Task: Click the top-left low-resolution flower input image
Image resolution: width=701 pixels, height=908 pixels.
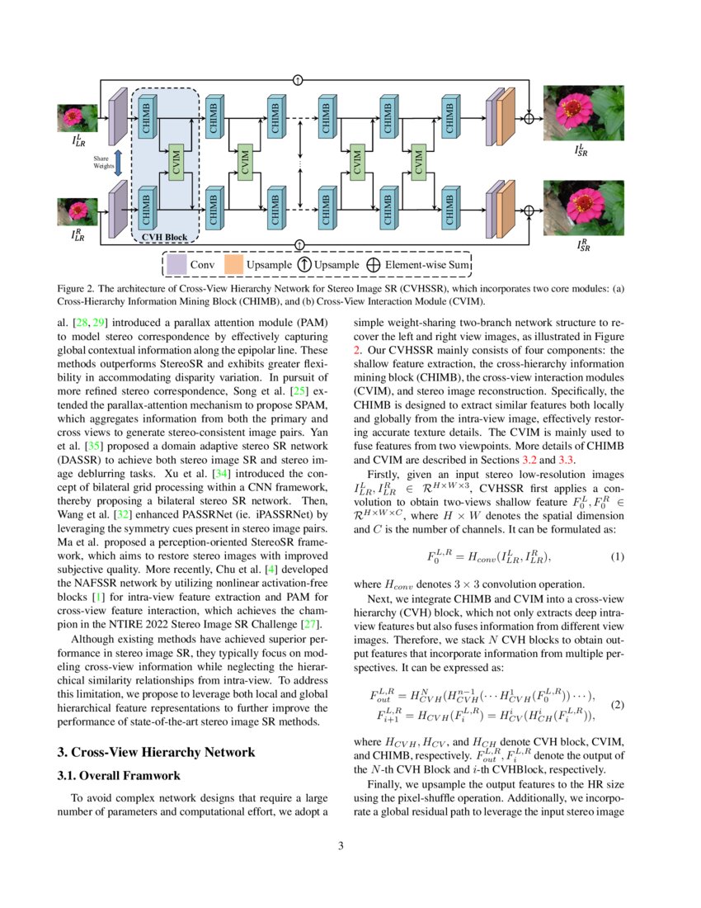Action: pos(76,117)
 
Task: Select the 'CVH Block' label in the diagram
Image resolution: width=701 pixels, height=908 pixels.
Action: pos(164,237)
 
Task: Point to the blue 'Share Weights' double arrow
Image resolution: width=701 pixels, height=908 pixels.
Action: pos(117,162)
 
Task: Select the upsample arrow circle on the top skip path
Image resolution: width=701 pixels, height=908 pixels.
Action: pos(298,80)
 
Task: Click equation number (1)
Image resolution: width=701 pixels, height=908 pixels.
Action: pos(617,556)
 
